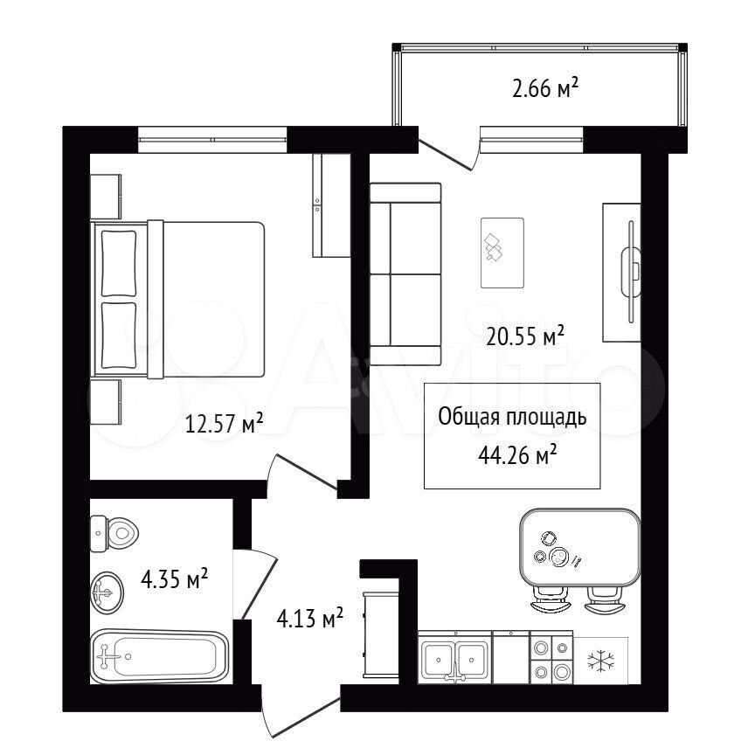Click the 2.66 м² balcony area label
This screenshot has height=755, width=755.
tap(545, 88)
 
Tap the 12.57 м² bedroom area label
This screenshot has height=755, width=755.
tap(224, 424)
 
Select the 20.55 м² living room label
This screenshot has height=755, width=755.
tap(525, 336)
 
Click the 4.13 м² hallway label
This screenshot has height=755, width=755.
tap(309, 618)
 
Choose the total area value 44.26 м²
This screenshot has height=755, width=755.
tap(517, 454)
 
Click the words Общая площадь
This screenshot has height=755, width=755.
tap(512, 417)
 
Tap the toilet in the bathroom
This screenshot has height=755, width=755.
tap(114, 534)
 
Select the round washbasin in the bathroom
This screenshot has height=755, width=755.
tap(107, 592)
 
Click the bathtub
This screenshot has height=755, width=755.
tap(159, 656)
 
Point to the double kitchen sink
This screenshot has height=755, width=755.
tap(455, 657)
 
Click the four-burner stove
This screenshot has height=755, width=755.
tap(551, 658)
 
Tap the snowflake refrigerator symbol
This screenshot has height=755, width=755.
tap(601, 660)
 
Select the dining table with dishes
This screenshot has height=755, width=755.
tap(580, 548)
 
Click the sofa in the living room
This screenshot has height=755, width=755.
tap(405, 274)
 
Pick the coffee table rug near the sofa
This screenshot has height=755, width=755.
tap(502, 253)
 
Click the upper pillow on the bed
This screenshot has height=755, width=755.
tap(119, 263)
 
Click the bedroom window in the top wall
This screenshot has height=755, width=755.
tap(212, 140)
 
